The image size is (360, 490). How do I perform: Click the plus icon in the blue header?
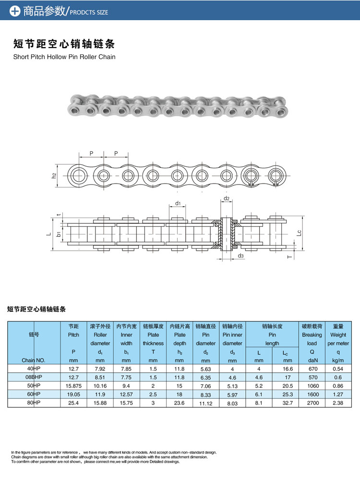tap(15, 11)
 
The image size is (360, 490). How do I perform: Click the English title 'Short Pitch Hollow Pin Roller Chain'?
tap(64, 57)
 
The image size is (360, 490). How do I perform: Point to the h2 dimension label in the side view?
tap(54, 176)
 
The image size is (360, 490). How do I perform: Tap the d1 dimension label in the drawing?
tap(178, 203)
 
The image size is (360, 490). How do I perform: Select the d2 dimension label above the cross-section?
tap(227, 198)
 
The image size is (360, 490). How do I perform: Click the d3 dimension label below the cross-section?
tap(240, 256)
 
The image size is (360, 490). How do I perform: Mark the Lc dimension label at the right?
tap(299, 233)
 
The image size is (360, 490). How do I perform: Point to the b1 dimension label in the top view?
tap(59, 234)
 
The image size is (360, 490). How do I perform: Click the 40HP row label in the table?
tap(34, 369)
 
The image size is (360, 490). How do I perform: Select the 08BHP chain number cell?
tap(34, 377)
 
